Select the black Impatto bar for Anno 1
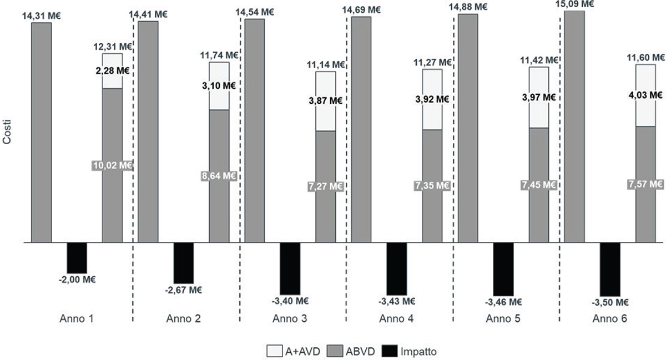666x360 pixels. tap(77, 257)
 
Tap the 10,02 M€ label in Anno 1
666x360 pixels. tap(112, 165)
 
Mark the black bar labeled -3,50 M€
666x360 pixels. tap(610, 269)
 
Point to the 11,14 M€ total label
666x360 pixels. tap(325, 65)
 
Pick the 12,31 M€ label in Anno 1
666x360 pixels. tap(112, 47)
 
